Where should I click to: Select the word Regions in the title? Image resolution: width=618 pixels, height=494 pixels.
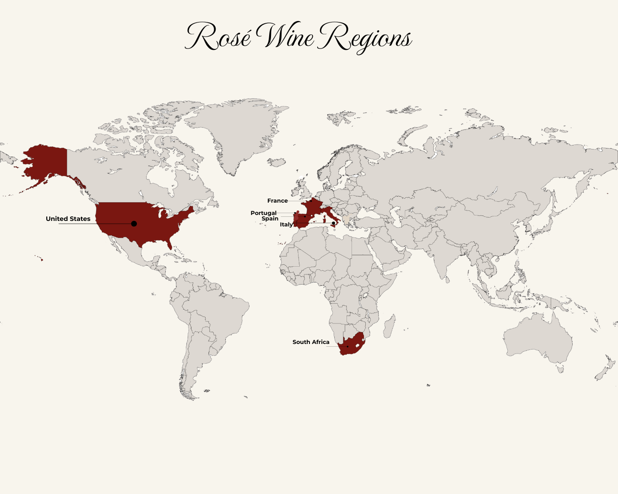(x=365, y=38)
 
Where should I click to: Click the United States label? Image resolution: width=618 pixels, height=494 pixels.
(x=68, y=219)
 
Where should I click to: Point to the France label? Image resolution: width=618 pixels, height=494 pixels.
(x=277, y=201)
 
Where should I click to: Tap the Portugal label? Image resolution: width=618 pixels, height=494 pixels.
(x=264, y=213)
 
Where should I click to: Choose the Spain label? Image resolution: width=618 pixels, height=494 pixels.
(x=270, y=219)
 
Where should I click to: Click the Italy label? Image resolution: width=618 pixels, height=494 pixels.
(x=286, y=225)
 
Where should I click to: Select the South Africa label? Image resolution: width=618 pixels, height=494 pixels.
(x=311, y=342)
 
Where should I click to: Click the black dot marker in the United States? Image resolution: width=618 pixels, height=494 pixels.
(x=134, y=224)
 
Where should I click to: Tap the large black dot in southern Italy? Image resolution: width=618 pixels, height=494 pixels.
(x=334, y=223)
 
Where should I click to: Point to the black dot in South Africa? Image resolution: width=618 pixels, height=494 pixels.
(x=347, y=346)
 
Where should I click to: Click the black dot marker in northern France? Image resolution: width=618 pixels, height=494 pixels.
(x=311, y=201)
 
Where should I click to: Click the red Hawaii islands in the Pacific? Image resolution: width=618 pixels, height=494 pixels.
(x=42, y=260)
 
